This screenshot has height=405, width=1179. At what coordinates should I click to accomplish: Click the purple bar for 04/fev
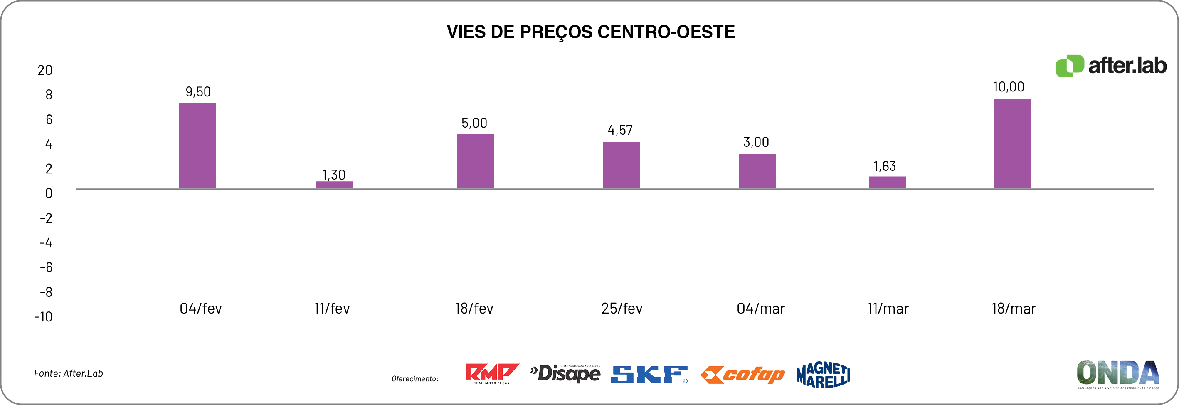coord(197,146)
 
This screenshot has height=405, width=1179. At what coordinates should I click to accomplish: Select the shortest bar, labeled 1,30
coord(334,185)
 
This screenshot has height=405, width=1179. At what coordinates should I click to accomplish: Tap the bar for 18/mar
coord(1011,143)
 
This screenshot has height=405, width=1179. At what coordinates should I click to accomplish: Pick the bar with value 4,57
coord(621,165)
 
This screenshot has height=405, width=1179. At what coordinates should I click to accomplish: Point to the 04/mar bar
coord(757,171)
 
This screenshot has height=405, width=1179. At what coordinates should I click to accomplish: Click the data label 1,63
coord(884,166)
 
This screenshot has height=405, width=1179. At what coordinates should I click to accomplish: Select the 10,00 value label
coord(1008,87)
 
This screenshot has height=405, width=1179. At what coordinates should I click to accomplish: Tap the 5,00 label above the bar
coord(474,123)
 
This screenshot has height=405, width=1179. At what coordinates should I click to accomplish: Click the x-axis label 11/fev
coord(332,309)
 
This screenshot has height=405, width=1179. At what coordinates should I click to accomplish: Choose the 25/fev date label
coord(622,309)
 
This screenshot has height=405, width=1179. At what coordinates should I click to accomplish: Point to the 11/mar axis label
coord(888,309)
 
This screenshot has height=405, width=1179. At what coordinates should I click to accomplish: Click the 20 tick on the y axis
coord(45,70)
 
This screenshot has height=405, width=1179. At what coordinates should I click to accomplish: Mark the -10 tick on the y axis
coord(44,317)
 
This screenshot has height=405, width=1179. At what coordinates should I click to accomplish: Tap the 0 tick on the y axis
coord(49,193)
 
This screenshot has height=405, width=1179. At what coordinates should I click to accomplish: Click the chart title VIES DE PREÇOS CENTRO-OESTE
coord(590,32)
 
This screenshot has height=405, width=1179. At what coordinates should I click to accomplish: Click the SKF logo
coord(649,374)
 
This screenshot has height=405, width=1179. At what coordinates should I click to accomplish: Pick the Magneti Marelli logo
coord(823,375)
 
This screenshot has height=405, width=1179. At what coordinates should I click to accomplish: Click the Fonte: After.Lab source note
coord(69,373)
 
